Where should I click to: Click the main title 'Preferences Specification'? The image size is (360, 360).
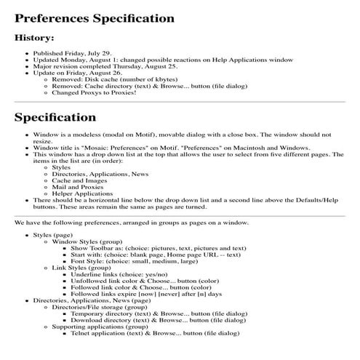95,18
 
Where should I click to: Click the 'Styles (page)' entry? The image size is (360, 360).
53,235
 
